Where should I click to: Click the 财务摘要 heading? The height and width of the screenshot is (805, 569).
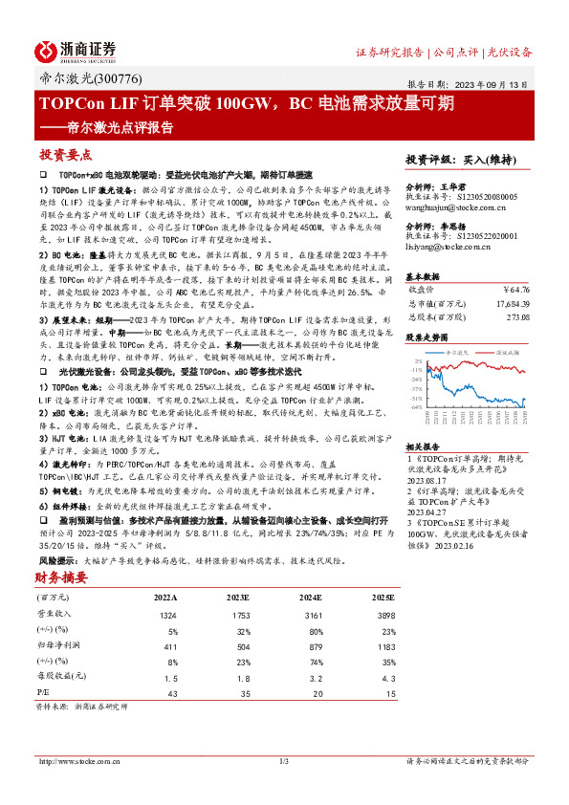coord(62,577)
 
